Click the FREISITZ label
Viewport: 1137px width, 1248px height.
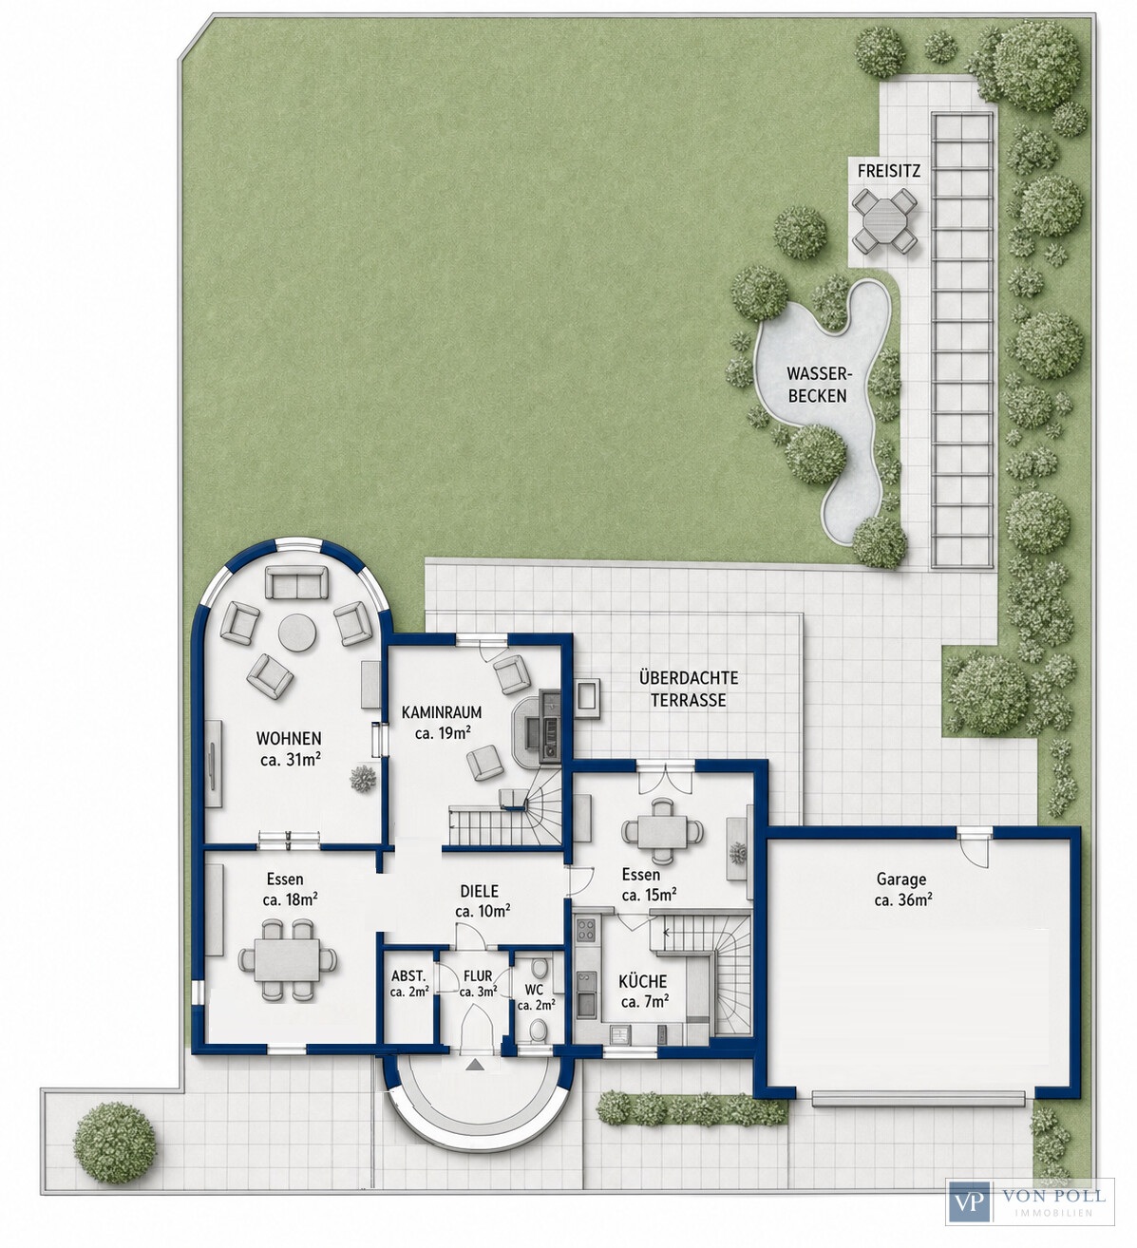888,170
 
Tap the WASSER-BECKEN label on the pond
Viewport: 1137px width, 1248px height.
817,385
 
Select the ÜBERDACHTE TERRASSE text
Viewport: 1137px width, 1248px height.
688,689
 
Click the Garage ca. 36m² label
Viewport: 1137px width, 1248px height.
902,889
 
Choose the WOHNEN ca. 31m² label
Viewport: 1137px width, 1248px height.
288,748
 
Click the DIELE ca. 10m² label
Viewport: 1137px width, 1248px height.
483,900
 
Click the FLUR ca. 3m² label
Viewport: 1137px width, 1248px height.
478,984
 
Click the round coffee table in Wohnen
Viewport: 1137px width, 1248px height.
297,633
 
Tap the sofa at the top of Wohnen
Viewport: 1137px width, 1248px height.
296,582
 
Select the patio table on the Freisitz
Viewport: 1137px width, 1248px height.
884,219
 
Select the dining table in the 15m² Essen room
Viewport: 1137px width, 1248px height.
662,831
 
